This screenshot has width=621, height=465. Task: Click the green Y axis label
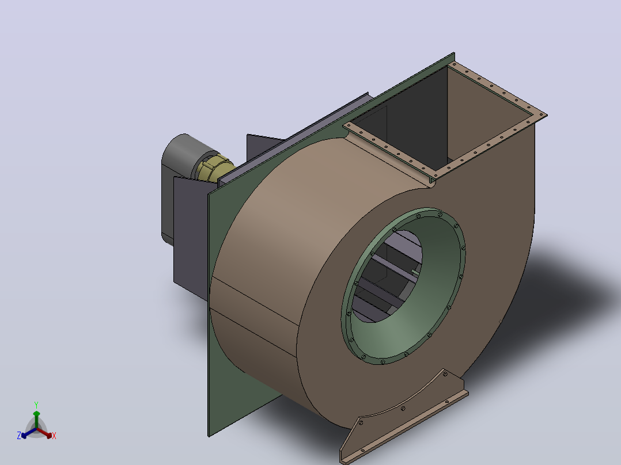[36, 405]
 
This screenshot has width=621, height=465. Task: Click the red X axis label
[54, 436]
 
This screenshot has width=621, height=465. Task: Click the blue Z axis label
[19, 435]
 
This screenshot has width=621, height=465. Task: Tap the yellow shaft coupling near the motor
[214, 168]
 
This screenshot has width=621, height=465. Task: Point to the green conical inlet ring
[404, 285]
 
